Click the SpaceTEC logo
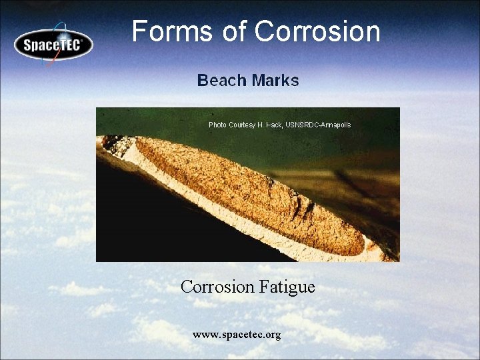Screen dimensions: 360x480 [x=53, y=45]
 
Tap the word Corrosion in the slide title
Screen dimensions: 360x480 [x=317, y=31]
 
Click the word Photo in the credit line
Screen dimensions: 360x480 [x=217, y=125]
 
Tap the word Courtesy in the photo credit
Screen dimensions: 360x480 [x=242, y=125]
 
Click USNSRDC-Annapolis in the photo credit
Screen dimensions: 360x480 [x=318, y=125]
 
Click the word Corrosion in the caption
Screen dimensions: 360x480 [x=217, y=287]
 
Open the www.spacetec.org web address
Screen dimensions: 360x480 [x=237, y=334]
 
